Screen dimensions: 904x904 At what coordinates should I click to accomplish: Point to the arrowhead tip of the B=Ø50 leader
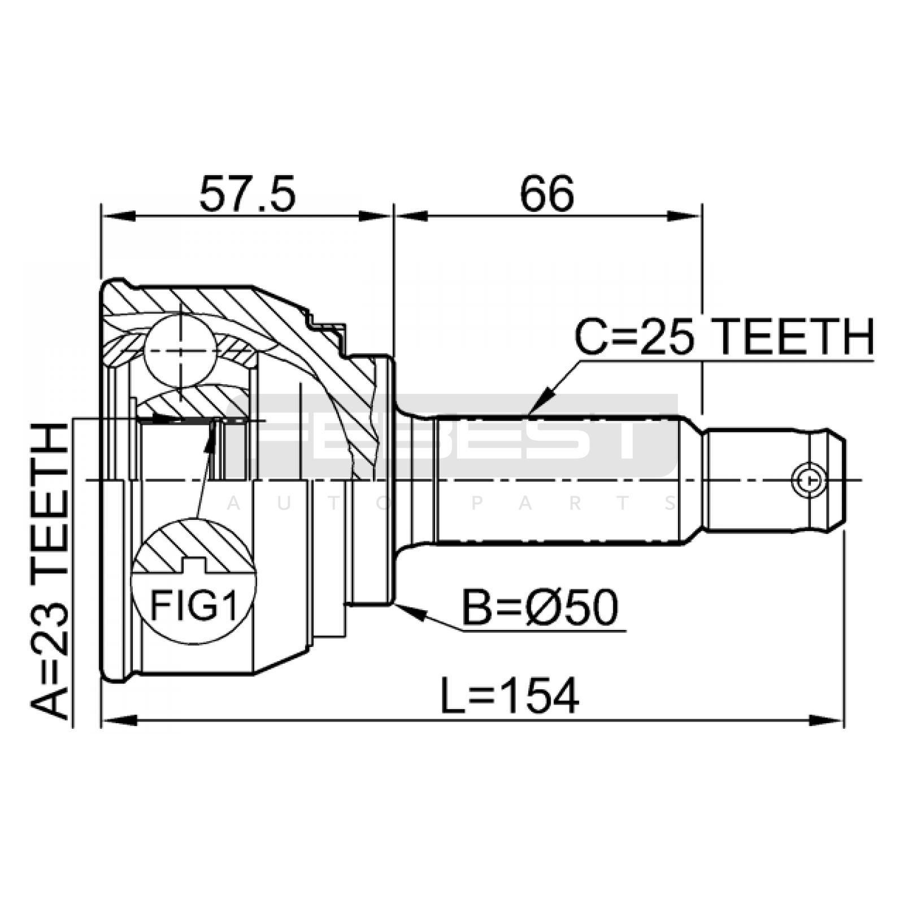coord(395,605)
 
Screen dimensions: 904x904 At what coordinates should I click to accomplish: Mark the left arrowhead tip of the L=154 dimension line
coord(102,720)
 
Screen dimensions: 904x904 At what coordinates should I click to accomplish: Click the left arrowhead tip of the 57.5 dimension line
coord(102,216)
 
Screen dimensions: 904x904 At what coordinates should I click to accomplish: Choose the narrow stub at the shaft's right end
coord(774,481)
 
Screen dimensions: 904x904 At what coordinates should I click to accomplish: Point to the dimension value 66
coord(547,193)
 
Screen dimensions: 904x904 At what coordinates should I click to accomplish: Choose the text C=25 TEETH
coord(724,337)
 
